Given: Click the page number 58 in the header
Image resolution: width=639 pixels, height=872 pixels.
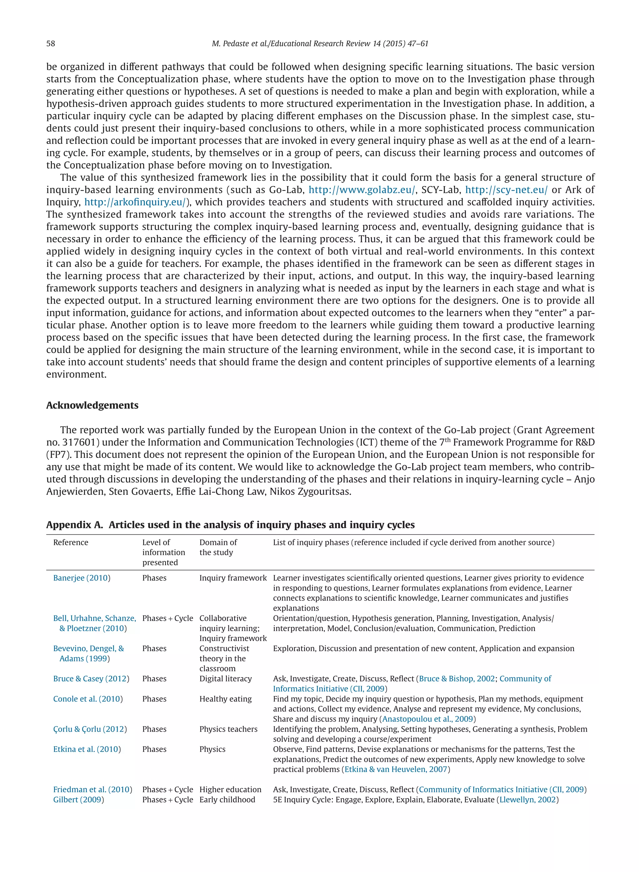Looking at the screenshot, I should point(51,43).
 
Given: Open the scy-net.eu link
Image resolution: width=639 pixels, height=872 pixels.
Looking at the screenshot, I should point(506,190).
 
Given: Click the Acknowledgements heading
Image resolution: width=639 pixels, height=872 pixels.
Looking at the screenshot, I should point(92,405).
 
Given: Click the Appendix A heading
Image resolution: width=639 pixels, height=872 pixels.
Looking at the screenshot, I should point(230,525).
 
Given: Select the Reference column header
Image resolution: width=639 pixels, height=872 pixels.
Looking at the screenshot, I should point(71,542).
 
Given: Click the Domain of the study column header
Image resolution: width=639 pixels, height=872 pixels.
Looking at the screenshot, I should point(218,547).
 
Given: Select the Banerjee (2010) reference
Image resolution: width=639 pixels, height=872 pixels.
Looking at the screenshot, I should point(82,578).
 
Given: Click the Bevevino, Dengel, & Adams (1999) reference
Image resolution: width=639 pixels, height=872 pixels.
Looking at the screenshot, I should point(89,654).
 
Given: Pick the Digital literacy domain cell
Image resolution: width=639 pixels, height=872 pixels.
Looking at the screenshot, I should point(226,678).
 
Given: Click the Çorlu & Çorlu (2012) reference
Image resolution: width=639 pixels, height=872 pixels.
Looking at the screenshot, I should point(90,729).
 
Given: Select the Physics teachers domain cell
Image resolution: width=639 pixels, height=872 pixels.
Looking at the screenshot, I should point(228,729).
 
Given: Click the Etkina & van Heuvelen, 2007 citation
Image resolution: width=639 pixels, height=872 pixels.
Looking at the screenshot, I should point(396,769).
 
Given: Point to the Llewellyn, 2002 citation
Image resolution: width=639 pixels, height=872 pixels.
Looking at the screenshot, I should point(527,799).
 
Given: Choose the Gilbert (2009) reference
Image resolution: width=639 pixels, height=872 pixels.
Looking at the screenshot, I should point(79,799).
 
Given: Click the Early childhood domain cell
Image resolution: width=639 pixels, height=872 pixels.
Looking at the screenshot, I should point(227,799).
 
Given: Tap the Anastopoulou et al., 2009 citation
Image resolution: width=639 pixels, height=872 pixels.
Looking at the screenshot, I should point(427,719).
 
